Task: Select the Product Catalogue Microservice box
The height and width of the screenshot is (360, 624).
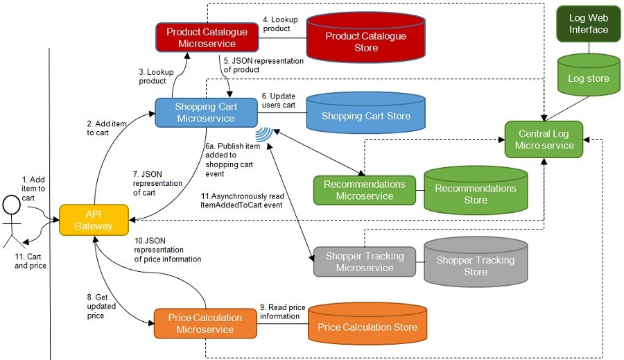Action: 207,37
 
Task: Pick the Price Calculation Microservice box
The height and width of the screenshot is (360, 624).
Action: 205,323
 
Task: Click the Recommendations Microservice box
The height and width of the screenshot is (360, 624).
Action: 364,190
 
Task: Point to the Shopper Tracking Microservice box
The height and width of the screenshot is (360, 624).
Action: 364,262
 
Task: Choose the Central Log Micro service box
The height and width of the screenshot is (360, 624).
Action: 544,139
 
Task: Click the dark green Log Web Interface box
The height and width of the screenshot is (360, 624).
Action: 588,24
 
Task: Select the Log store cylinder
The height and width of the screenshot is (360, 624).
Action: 588,78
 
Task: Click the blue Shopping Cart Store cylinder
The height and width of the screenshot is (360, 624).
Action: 365,116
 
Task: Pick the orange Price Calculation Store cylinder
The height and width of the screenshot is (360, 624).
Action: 367,327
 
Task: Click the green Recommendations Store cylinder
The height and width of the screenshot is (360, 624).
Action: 475,194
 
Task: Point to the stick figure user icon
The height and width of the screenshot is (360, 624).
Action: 11,220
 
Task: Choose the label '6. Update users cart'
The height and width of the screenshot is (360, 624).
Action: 279,100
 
